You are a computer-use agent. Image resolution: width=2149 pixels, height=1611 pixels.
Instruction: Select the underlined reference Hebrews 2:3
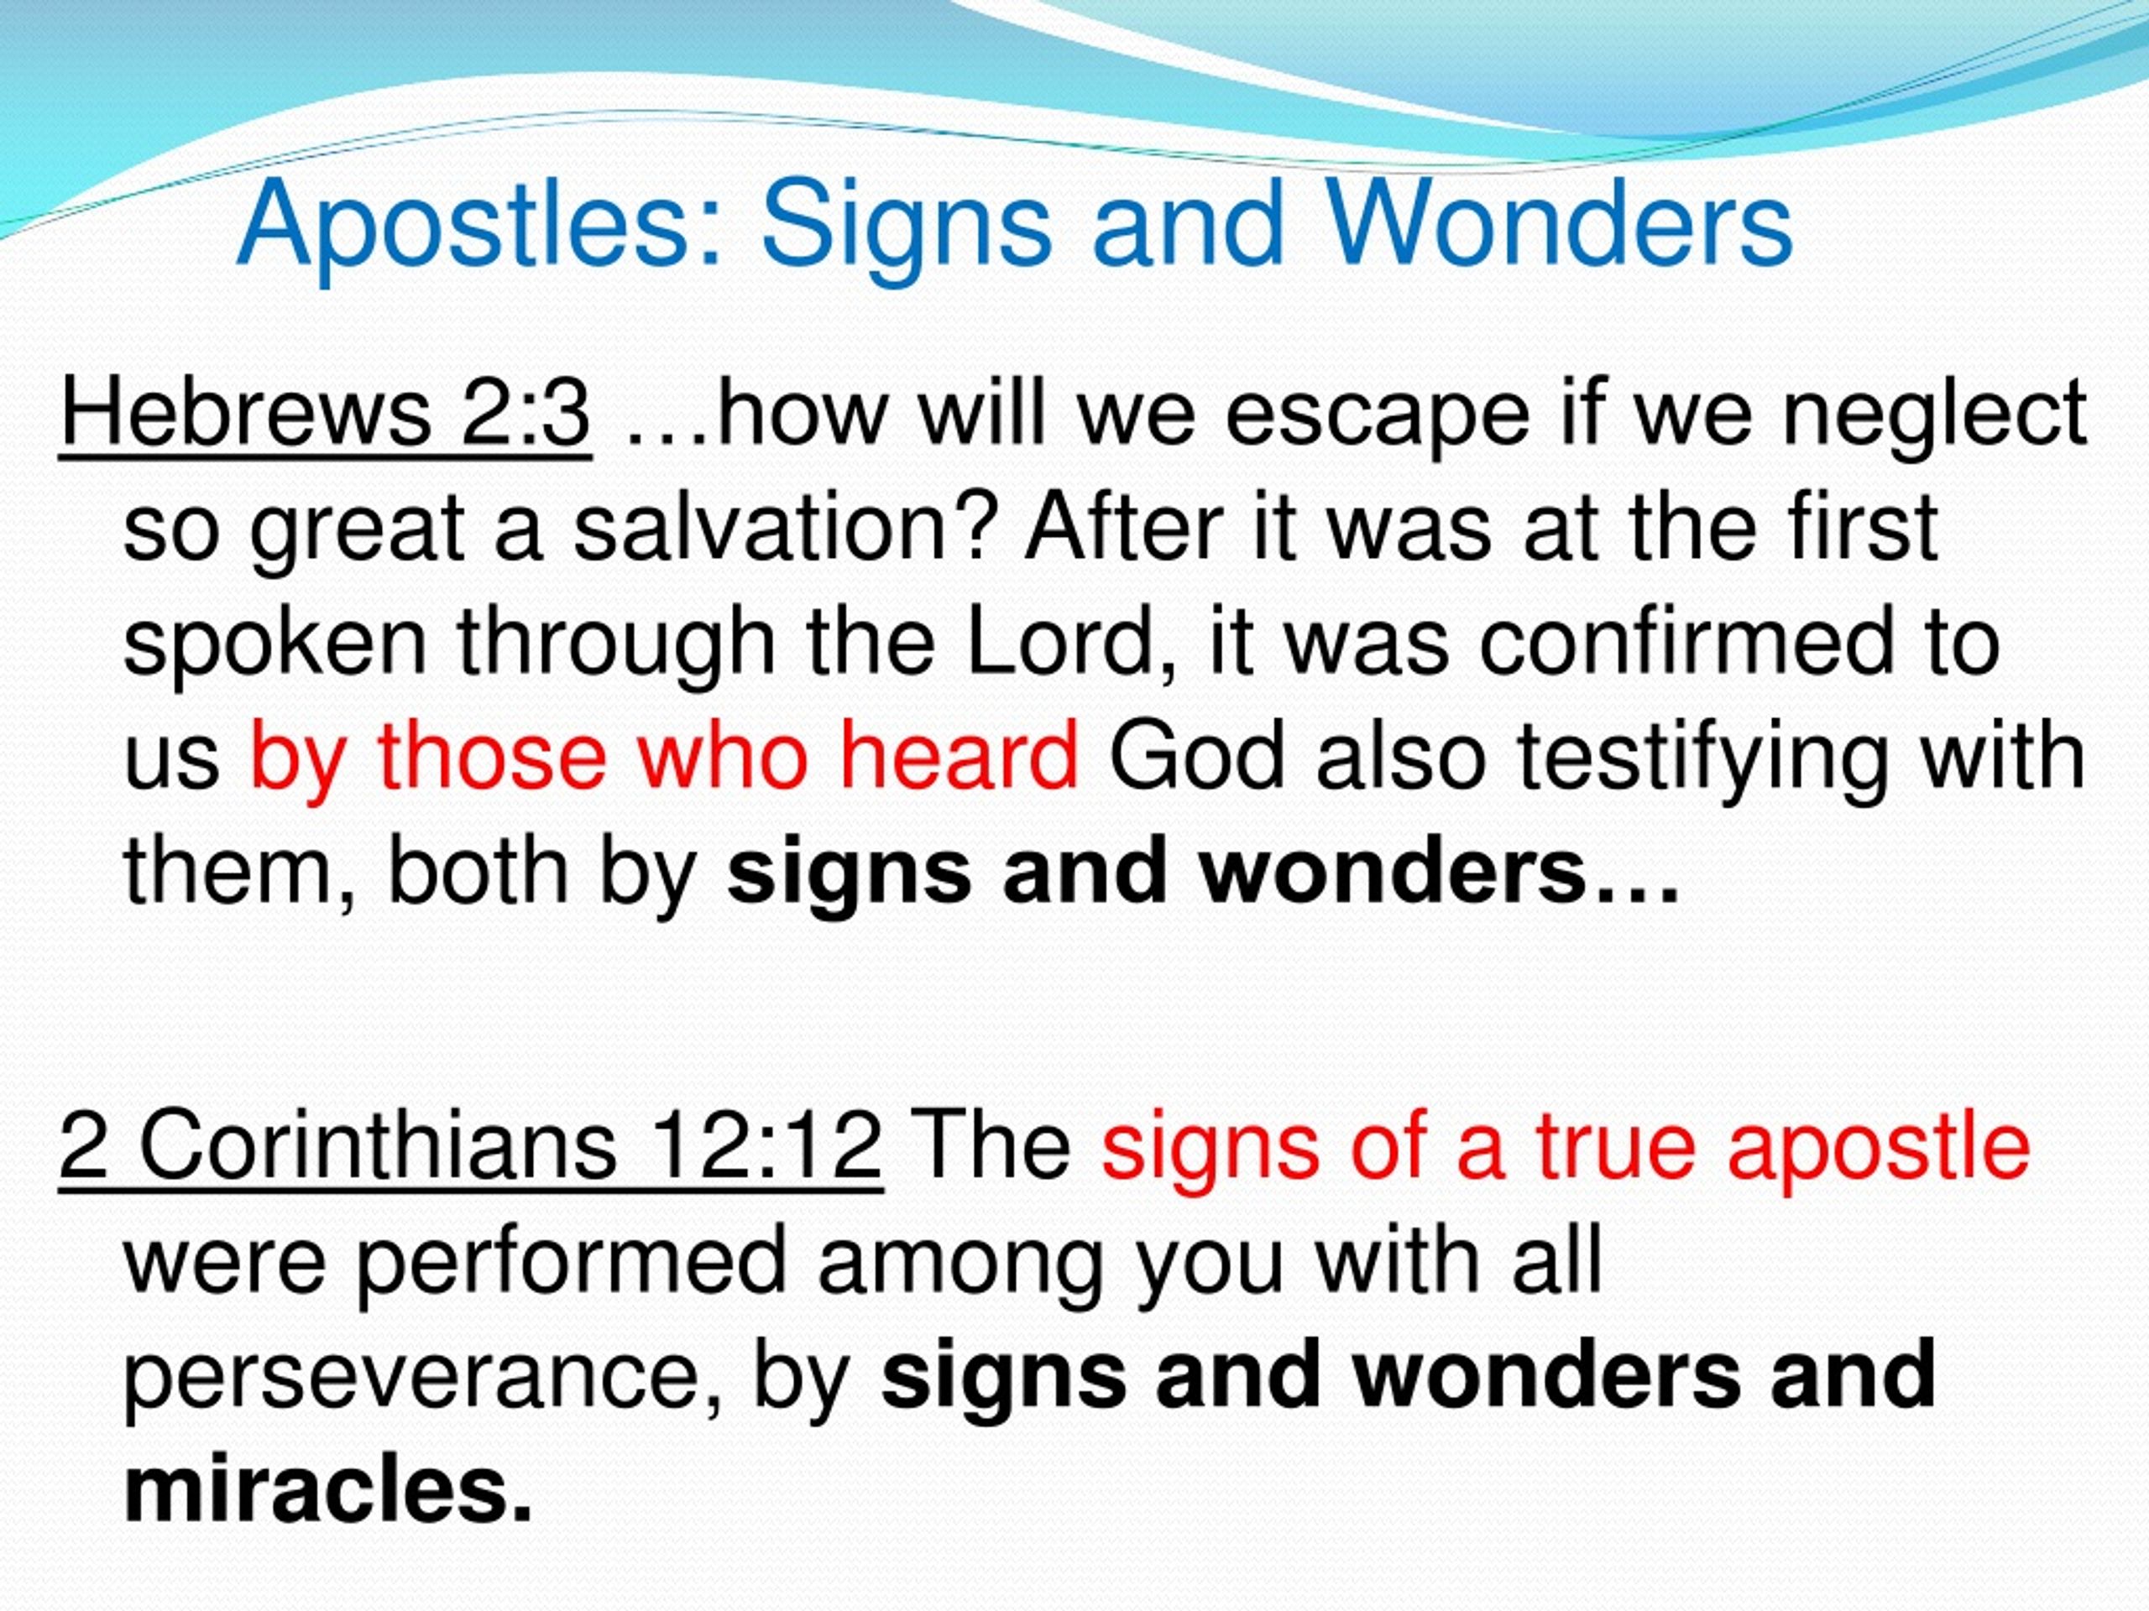[x=326, y=414]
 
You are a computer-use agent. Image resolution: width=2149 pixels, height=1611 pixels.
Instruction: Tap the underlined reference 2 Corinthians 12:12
[x=470, y=1146]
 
